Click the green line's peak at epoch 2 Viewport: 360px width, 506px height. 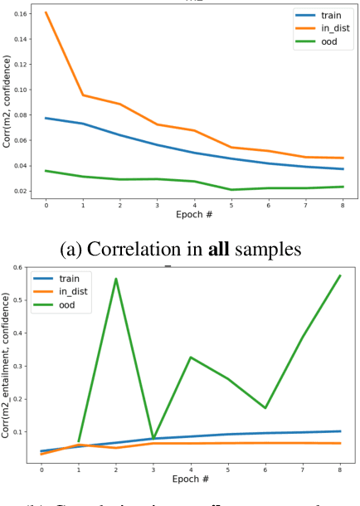pyautogui.click(x=116, y=279)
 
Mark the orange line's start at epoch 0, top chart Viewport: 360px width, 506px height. pyautogui.click(x=46, y=12)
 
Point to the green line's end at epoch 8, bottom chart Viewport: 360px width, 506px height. pyautogui.click(x=339, y=275)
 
